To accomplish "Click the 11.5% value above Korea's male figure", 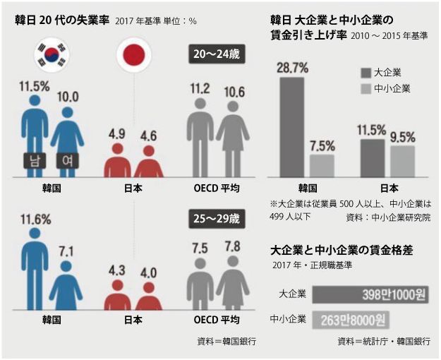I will (x=33, y=85).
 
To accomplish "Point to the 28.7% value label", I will (x=292, y=67).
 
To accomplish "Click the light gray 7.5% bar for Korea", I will (x=322, y=164).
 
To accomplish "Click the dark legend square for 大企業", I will (x=366, y=72).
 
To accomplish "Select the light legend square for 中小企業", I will (x=366, y=88).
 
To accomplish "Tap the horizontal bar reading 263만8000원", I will (x=349, y=320).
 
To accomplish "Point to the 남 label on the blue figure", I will (x=33, y=160).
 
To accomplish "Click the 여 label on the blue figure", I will (x=67, y=160).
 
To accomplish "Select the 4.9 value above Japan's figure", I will (x=117, y=133).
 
